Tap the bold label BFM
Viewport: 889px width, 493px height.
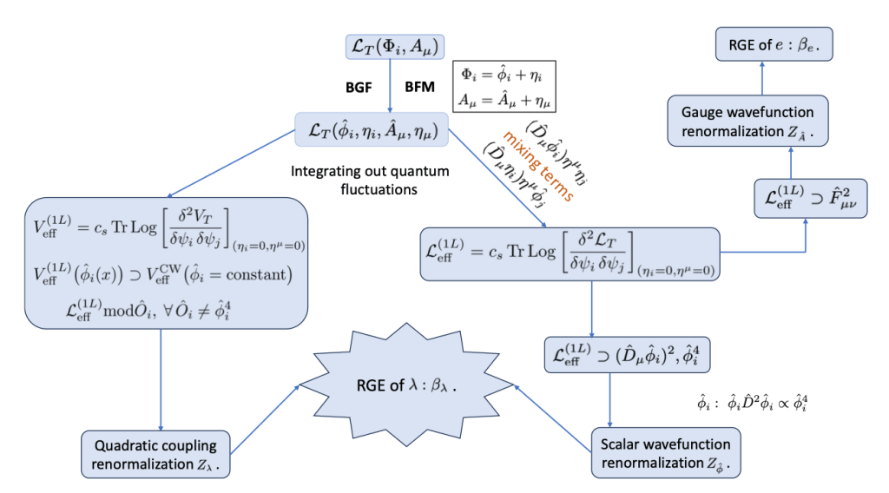420,89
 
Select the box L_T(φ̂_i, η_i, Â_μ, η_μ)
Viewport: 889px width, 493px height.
372,131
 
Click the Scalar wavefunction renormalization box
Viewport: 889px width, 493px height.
664,451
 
